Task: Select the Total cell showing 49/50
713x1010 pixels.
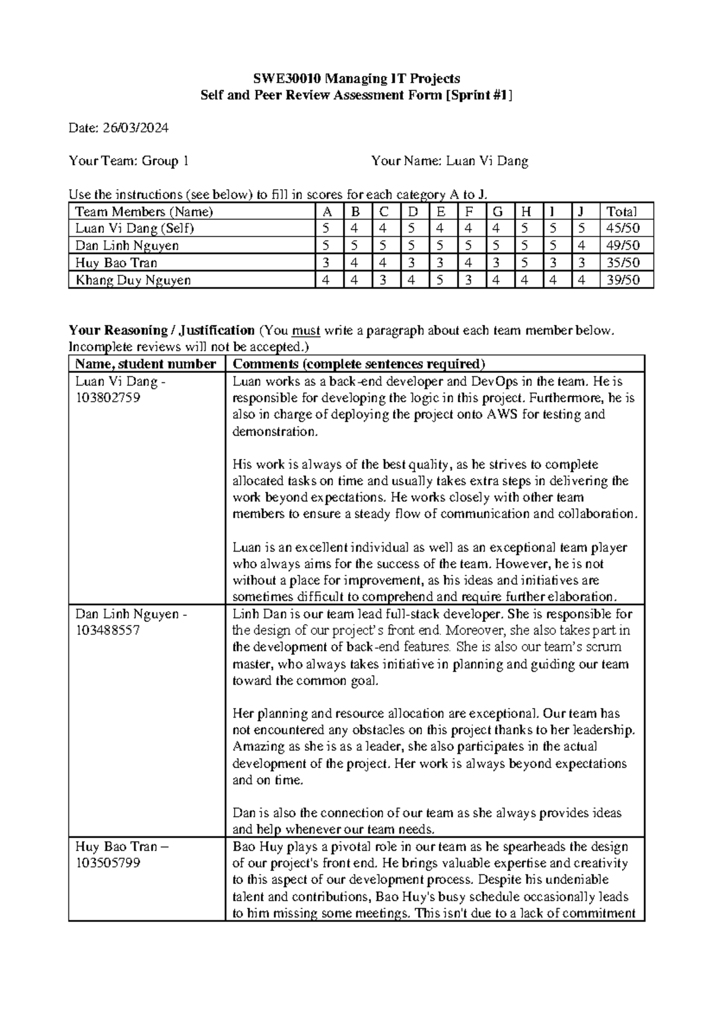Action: (x=623, y=246)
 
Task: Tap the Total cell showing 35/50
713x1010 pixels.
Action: (x=623, y=263)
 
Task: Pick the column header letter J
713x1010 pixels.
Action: (x=581, y=212)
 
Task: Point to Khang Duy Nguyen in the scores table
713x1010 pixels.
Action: (x=133, y=280)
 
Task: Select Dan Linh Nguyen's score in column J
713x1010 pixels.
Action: (x=581, y=246)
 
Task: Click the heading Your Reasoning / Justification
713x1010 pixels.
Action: (x=162, y=331)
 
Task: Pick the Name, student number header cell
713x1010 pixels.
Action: (x=146, y=364)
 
